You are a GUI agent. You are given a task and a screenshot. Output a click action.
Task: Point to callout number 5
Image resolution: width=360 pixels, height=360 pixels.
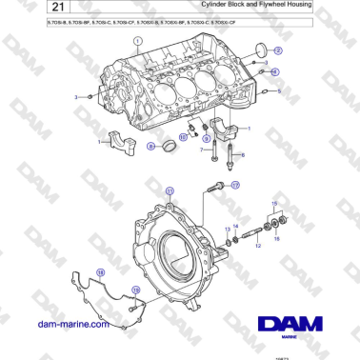pyautogui.click(x=279, y=90)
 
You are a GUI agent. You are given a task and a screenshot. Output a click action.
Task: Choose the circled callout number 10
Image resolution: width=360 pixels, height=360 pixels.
pyautogui.click(x=184, y=137)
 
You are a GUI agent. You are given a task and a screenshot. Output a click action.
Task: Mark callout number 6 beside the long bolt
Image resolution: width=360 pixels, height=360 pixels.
pyautogui.click(x=242, y=154)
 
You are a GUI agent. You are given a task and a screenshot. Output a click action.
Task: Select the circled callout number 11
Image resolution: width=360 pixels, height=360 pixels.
pyautogui.click(x=170, y=190)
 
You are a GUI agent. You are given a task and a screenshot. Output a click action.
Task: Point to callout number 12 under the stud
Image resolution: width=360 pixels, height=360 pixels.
pyautogui.click(x=256, y=245)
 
